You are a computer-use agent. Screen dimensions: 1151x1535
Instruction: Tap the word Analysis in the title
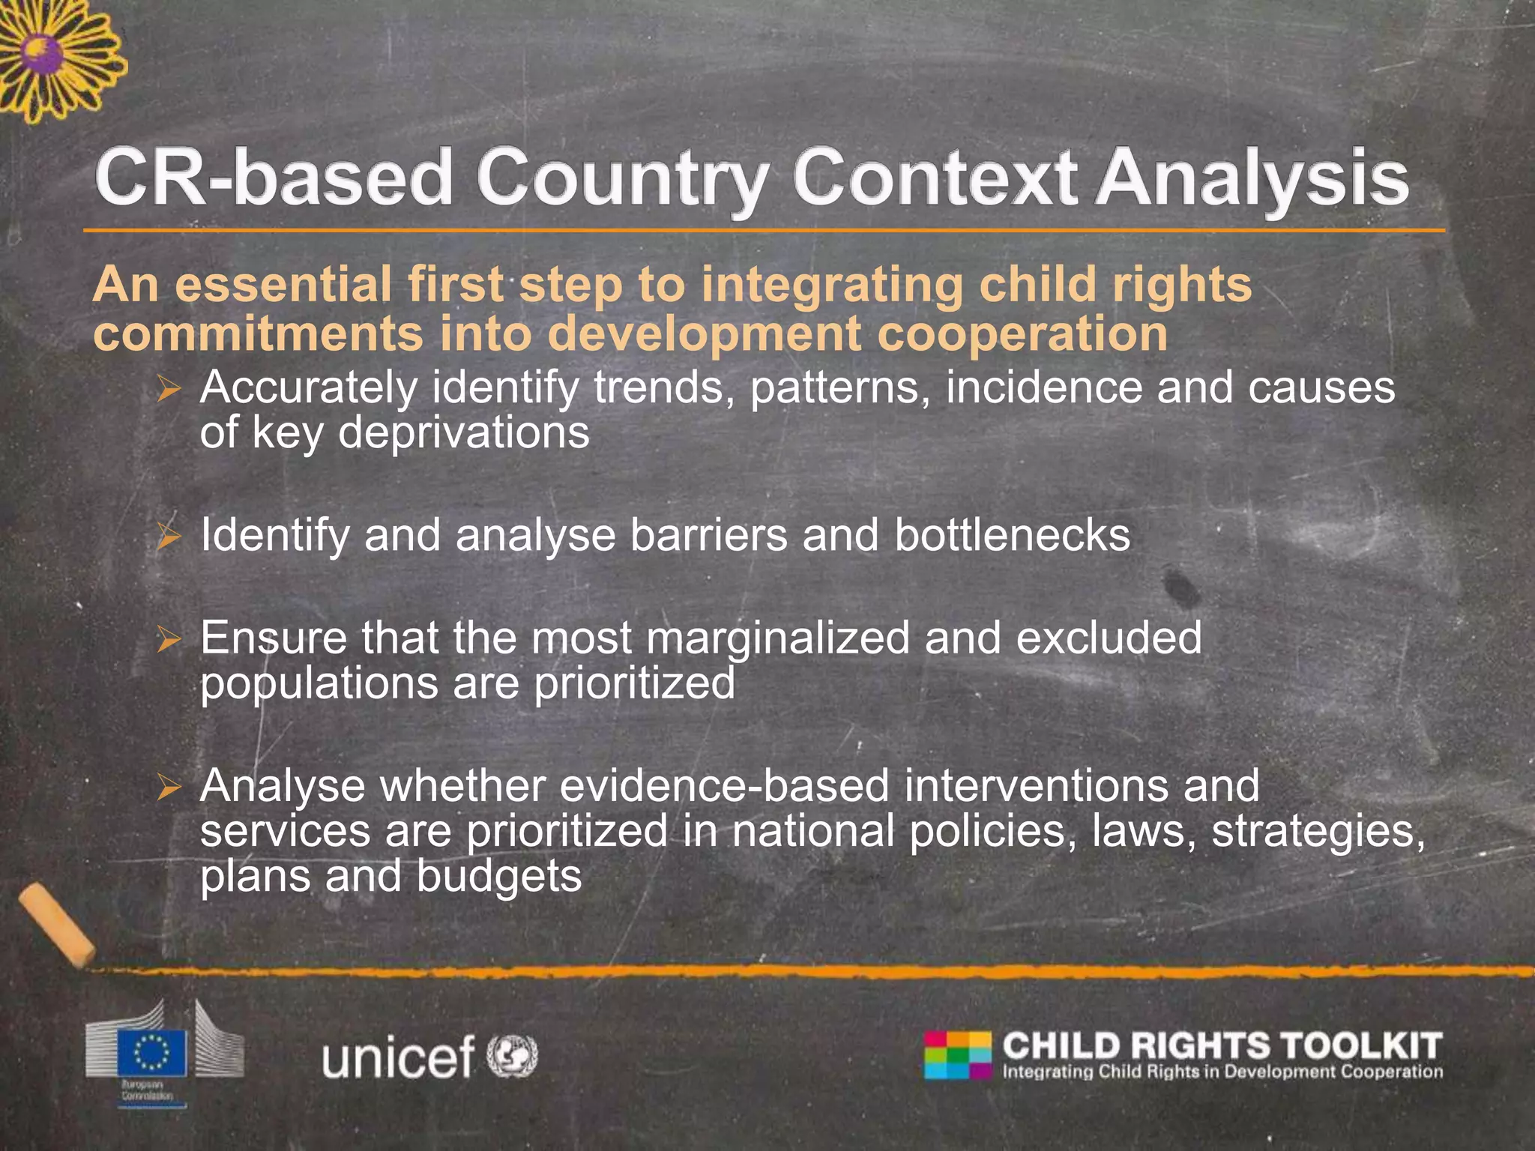click(1251, 178)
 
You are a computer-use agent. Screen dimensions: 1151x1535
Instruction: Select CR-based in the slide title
click(273, 178)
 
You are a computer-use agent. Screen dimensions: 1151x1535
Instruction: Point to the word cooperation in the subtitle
click(1022, 334)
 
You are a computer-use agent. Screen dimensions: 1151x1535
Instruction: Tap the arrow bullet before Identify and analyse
click(169, 537)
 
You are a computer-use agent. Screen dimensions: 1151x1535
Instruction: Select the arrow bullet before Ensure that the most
click(169, 639)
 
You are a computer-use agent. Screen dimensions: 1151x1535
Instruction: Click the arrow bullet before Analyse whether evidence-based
click(169, 788)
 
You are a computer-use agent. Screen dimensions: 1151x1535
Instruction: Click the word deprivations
click(463, 434)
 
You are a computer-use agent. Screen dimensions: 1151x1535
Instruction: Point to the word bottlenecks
click(1012, 535)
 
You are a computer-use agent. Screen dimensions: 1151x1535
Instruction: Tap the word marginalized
click(776, 639)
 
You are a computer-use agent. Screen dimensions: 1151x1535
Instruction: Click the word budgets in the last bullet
click(498, 877)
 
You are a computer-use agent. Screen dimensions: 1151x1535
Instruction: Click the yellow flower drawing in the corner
click(56, 56)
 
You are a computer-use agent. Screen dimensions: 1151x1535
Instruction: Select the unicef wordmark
click(398, 1057)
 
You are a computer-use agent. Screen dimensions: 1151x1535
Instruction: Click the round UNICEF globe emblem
click(513, 1056)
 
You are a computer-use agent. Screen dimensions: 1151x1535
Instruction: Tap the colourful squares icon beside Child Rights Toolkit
click(957, 1055)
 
